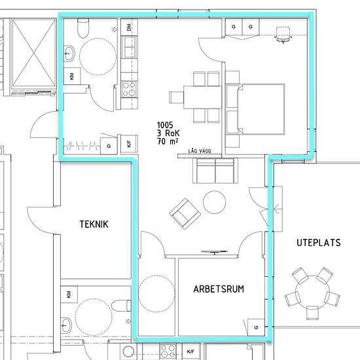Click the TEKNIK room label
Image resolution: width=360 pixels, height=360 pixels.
(94, 224)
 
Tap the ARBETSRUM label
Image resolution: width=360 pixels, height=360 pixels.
(219, 289)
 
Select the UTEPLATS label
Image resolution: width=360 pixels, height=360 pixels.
(319, 243)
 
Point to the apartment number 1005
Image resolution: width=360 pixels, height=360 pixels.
(165, 125)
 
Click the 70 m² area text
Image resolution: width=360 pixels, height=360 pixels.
(168, 141)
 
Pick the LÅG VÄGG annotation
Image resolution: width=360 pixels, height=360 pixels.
(200, 151)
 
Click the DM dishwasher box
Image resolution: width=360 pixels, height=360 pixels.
(129, 27)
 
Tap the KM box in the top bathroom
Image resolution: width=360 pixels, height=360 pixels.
(72, 76)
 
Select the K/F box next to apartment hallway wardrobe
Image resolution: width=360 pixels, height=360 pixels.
(129, 144)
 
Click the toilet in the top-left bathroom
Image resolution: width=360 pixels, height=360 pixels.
(83, 28)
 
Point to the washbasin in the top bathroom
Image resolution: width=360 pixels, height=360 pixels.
(69, 53)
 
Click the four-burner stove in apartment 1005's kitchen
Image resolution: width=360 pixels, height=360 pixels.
(129, 89)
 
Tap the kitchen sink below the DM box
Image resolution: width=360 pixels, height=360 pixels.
(129, 48)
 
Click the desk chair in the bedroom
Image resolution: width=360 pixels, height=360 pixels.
(283, 35)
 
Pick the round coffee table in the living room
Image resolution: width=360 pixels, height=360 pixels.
(214, 202)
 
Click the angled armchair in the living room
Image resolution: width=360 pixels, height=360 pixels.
(185, 214)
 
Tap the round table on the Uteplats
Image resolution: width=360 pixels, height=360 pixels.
(312, 292)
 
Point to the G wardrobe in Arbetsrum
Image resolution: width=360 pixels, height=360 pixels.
(256, 327)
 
